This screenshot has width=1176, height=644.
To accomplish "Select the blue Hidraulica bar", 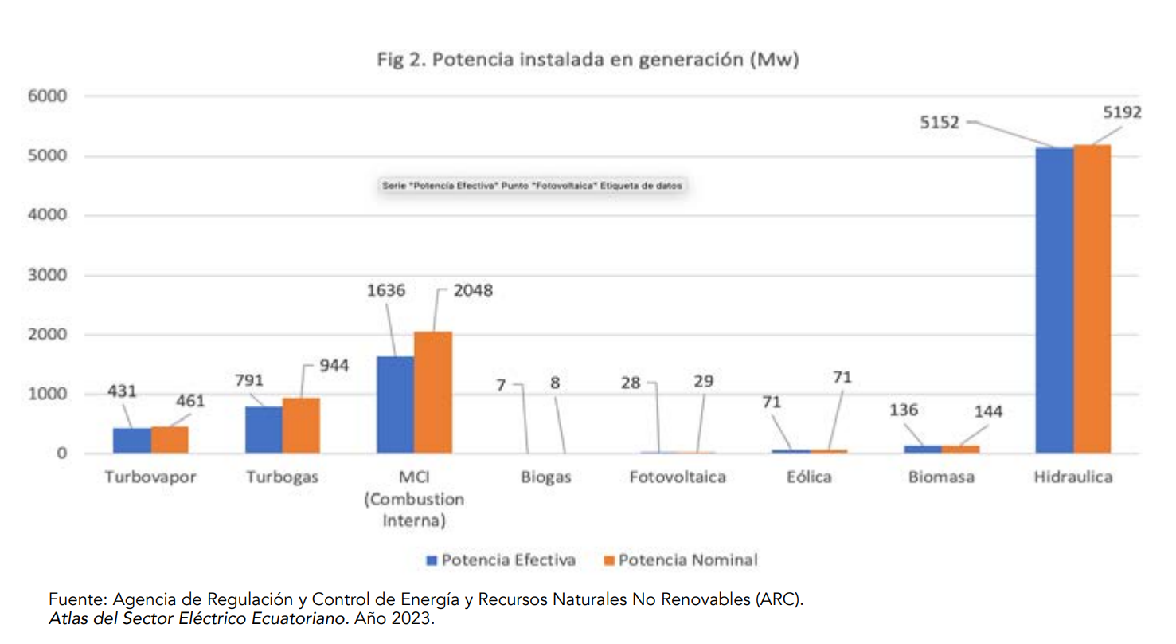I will pyautogui.click(x=1054, y=300).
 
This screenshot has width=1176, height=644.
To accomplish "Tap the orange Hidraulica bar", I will pyautogui.click(x=1092, y=299).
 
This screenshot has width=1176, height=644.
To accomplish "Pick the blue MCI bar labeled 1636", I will pyautogui.click(x=396, y=405).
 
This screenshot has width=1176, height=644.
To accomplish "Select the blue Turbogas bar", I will pyautogui.click(x=264, y=430).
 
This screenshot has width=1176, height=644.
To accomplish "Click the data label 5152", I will pyautogui.click(x=940, y=124).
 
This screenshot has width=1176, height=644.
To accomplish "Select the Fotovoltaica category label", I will pyautogui.click(x=677, y=477).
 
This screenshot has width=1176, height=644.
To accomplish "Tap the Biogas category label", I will pyautogui.click(x=545, y=477).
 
